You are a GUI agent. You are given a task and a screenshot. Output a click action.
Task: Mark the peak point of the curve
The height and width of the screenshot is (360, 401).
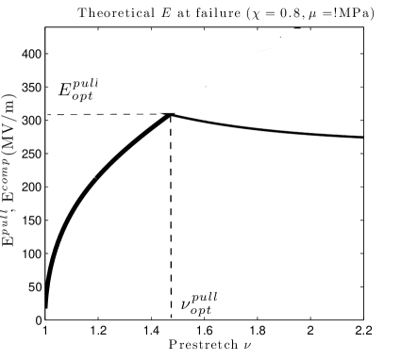click(x=170, y=115)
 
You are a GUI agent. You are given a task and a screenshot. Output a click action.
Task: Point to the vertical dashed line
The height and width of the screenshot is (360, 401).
click(x=170, y=217)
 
